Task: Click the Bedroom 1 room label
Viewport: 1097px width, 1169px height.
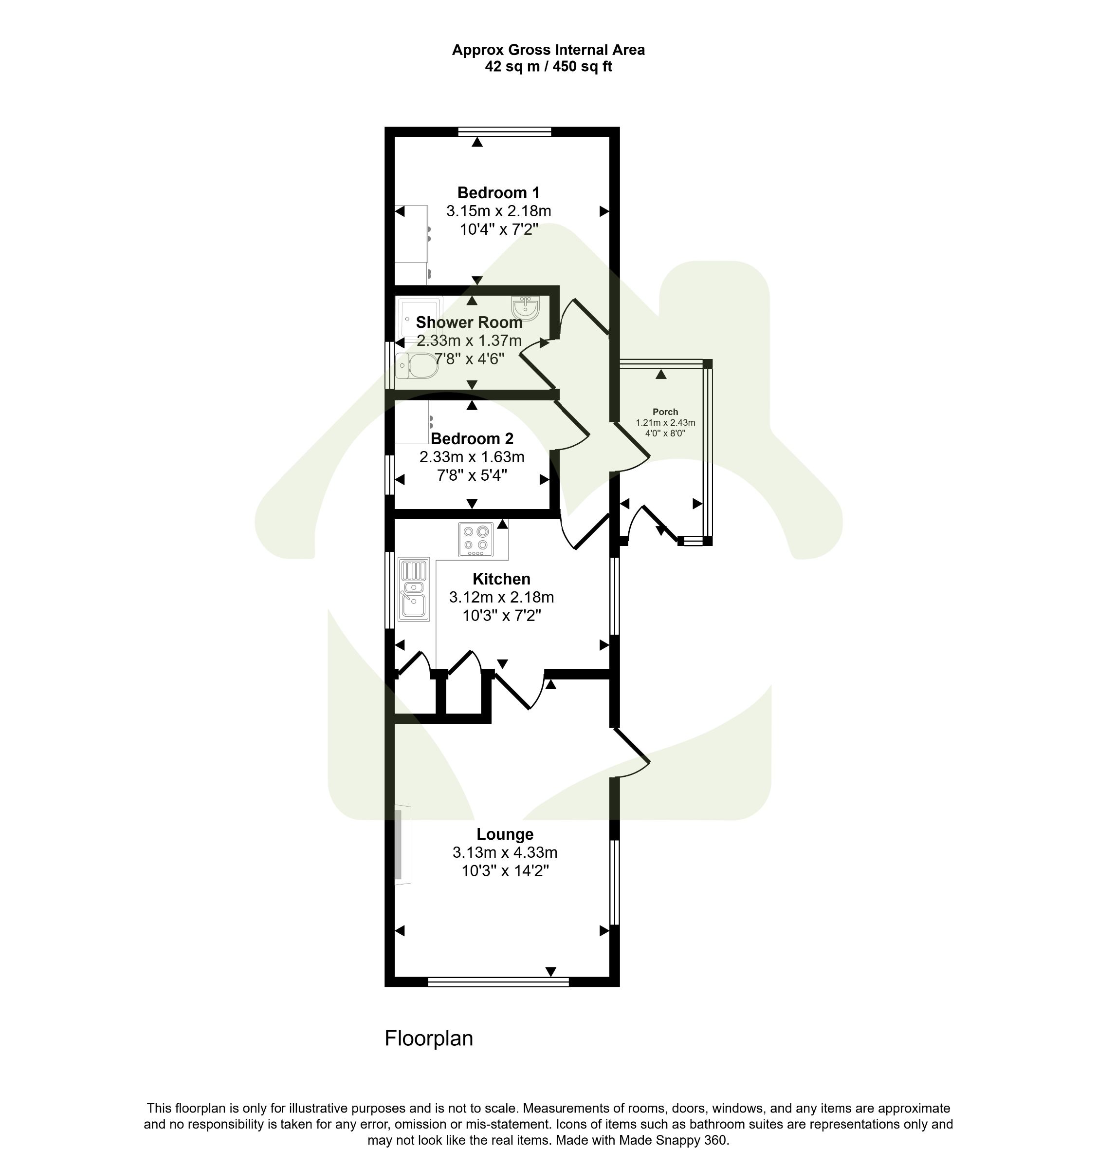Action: (x=498, y=193)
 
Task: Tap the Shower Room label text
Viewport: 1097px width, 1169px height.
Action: (x=469, y=322)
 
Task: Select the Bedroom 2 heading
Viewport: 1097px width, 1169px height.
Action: (x=472, y=439)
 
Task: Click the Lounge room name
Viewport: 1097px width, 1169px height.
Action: (x=505, y=834)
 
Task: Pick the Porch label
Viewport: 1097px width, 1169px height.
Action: (x=665, y=412)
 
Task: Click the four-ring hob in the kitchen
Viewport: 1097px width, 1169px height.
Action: (x=476, y=539)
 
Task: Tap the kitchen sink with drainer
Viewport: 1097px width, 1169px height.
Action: (x=413, y=589)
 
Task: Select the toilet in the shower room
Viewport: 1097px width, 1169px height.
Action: (x=417, y=366)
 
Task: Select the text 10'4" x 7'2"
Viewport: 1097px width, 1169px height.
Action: (x=499, y=229)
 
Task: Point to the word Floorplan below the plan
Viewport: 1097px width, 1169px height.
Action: (x=428, y=1038)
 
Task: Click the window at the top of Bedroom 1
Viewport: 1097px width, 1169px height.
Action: (x=504, y=131)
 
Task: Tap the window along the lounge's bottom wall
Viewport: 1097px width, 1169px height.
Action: (x=498, y=981)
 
